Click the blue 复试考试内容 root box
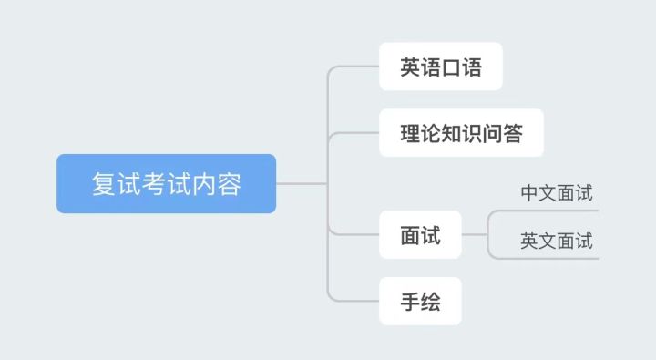pos(166,184)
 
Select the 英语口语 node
pos(440,67)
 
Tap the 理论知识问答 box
pos(461,133)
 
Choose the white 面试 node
pos(420,235)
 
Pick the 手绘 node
pos(420,302)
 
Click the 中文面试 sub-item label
pos(556,193)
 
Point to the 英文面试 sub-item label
pos(556,242)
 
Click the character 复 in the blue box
pos(103,184)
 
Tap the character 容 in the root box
pos(229,184)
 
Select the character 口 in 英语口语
pos(451,67)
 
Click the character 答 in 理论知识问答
pos(512,133)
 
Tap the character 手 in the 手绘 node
pos(410,302)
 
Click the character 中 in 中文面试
pos(529,193)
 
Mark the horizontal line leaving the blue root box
pos(301,183)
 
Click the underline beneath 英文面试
pos(556,259)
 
